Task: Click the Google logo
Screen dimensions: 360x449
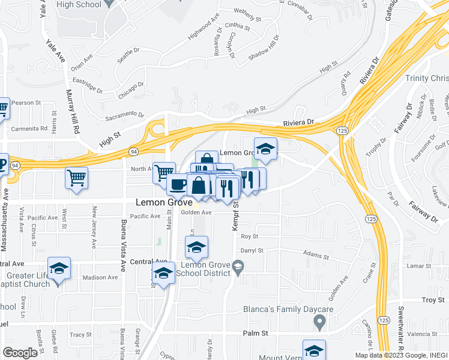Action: pyautogui.click(x=20, y=353)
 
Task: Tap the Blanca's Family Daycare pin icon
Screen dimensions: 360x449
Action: pyautogui.click(x=320, y=323)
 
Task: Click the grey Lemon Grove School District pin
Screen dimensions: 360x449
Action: pyautogui.click(x=238, y=265)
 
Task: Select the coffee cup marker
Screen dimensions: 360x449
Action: pyautogui.click(x=177, y=185)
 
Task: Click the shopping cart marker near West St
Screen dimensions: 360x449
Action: pyautogui.click(x=77, y=178)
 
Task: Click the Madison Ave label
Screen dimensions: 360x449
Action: pyautogui.click(x=100, y=277)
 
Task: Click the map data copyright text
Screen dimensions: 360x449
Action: pyautogui.click(x=401, y=355)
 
